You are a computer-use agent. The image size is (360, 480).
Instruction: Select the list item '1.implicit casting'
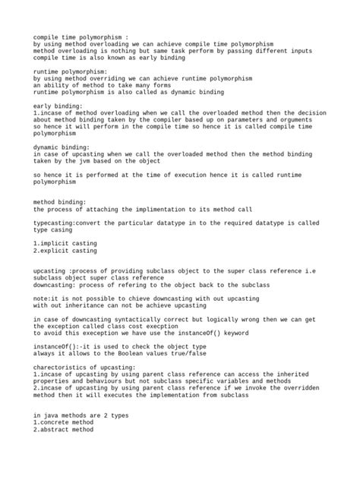click(65, 242)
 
